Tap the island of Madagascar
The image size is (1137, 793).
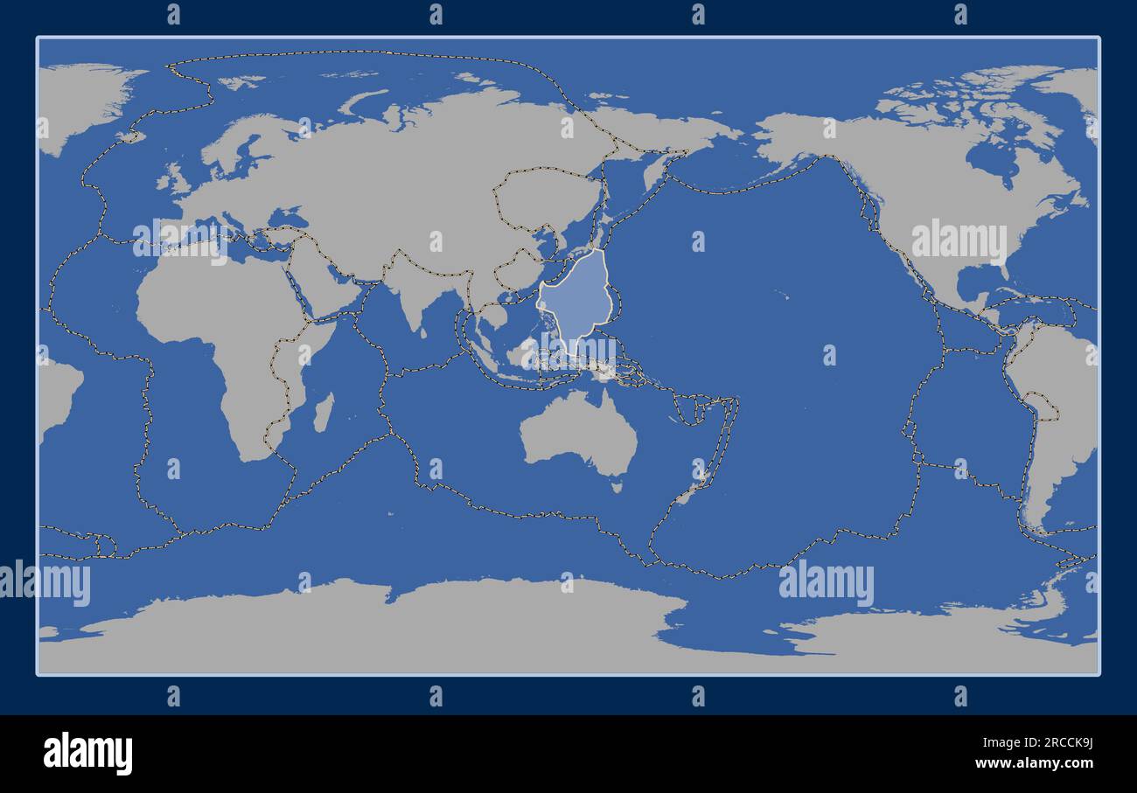click(x=323, y=412)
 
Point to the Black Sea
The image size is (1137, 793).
click(x=285, y=217)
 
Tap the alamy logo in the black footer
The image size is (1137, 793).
click(x=87, y=753)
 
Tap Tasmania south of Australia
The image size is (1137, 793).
click(x=617, y=486)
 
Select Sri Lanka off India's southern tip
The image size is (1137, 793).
click(x=423, y=331)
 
